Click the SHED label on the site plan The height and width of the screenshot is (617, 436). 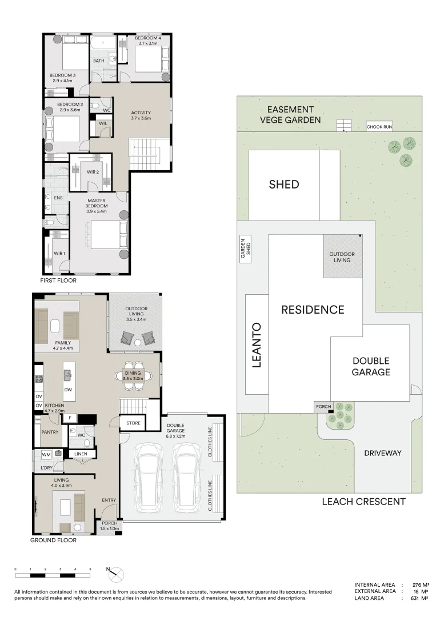coord(284,185)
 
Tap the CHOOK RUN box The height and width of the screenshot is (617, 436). coord(379,127)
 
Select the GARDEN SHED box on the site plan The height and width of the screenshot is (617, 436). coord(246,249)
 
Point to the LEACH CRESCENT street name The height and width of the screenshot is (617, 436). coord(363,502)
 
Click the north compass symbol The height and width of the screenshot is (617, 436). coord(115,575)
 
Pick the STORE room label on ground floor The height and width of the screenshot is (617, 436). coord(133,423)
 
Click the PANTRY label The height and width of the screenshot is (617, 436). coord(50,432)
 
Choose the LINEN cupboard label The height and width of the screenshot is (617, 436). coord(81,454)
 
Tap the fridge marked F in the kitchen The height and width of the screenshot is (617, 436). coord(70,418)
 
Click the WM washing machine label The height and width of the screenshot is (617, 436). coord(46,455)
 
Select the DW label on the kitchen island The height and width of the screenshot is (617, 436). coord(68,390)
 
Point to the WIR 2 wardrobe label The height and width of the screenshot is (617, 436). coord(93,172)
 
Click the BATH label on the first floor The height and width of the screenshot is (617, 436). coord(99,61)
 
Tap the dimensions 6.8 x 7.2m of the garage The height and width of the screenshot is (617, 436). coord(175,431)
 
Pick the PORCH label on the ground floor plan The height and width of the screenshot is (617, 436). coord(109,523)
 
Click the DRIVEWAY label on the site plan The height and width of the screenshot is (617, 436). coord(382,453)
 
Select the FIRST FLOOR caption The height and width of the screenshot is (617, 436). coord(58,281)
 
